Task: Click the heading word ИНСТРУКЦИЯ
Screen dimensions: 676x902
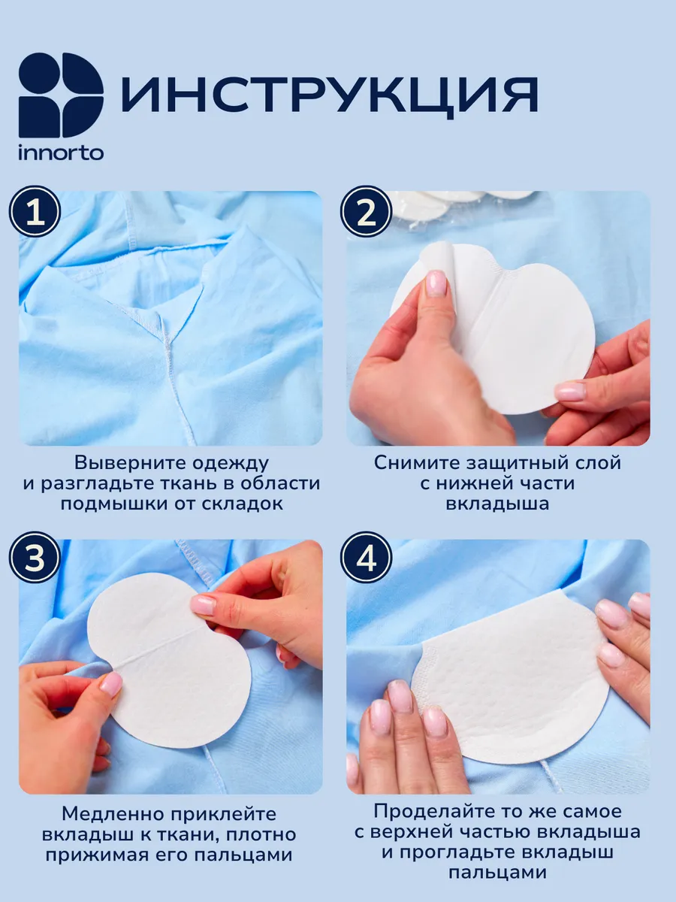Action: tap(330, 95)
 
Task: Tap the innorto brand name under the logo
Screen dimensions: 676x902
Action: tap(61, 153)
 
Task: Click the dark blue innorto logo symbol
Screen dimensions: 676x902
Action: tap(61, 95)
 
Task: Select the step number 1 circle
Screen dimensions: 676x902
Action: tap(35, 213)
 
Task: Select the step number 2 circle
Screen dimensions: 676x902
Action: tap(367, 213)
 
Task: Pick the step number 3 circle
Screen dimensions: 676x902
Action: tap(35, 558)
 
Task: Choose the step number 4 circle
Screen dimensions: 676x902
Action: tap(367, 558)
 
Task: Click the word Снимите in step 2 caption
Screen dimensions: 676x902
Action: tap(417, 463)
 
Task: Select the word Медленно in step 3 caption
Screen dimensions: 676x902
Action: tap(113, 813)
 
